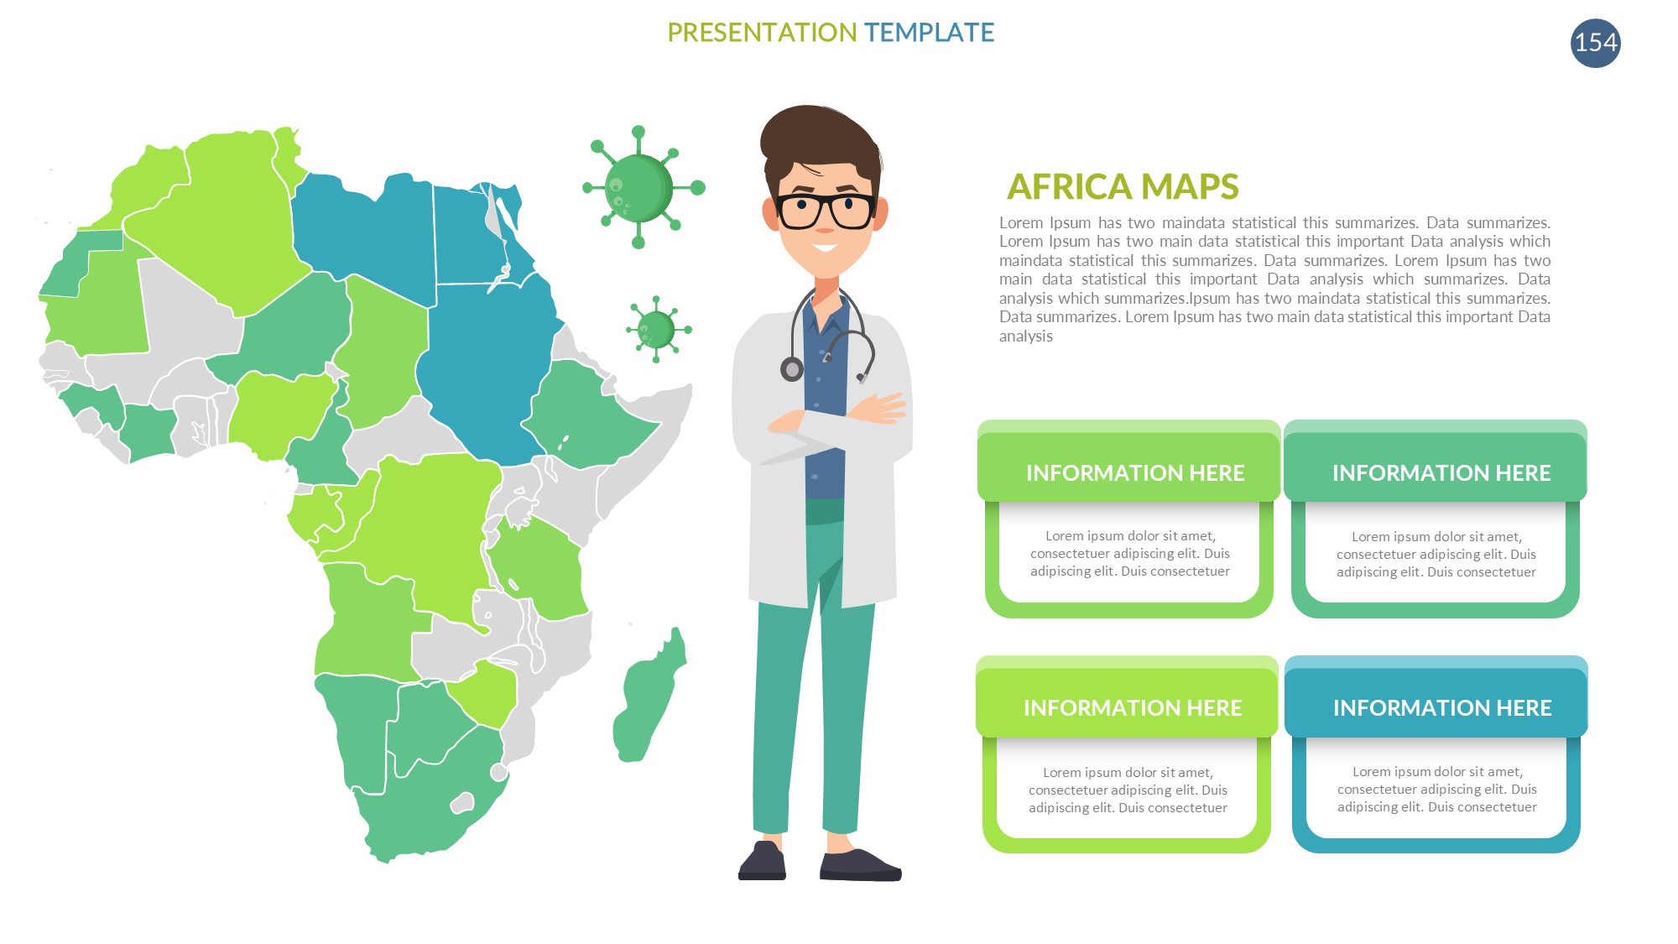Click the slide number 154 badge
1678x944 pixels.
tap(1595, 43)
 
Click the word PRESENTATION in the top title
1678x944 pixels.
tap(762, 33)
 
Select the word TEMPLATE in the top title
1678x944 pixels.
tap(929, 33)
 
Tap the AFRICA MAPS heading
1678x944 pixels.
tap(1123, 186)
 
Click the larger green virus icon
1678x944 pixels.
tap(642, 187)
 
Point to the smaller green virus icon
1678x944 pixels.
tap(658, 329)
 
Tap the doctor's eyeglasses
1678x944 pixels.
tap(826, 211)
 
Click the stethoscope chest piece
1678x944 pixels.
tap(791, 368)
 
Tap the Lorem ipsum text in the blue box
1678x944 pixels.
tap(1436, 789)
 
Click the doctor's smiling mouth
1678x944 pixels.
tap(824, 248)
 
